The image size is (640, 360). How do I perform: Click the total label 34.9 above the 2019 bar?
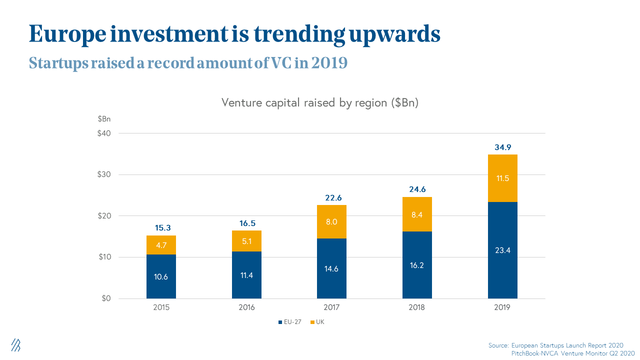pos(502,147)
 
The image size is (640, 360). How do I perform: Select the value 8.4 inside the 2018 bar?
pos(417,215)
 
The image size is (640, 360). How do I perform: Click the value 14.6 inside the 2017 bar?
pos(331,268)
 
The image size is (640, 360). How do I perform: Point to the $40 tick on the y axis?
pos(104,133)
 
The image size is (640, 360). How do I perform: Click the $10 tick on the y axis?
pos(104,257)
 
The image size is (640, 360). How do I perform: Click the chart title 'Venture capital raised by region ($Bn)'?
pos(320,103)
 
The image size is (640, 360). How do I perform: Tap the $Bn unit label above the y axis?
pos(104,119)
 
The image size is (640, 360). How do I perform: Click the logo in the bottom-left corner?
pos(16,344)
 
